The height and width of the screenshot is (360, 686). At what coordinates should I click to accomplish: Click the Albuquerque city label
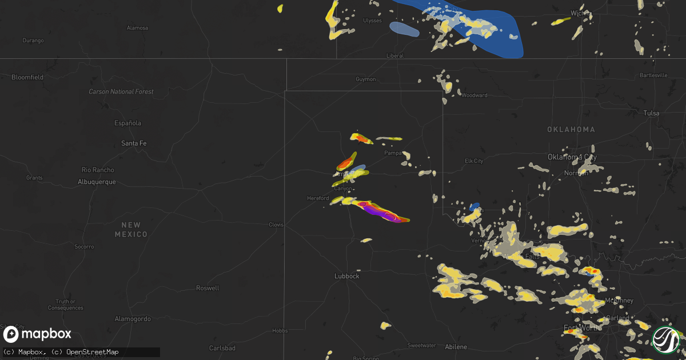97,182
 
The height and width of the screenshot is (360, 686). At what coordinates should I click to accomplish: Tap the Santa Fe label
134,143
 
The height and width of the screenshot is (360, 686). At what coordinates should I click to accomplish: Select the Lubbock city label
346,276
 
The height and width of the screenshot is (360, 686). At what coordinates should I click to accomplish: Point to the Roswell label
207,288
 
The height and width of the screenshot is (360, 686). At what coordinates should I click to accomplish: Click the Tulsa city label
651,113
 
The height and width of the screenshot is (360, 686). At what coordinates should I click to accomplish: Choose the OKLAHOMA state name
571,130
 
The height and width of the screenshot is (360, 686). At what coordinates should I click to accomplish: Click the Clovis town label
276,225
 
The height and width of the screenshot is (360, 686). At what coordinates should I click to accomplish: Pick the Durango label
33,40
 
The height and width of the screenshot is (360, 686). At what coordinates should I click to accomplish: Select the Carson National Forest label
121,91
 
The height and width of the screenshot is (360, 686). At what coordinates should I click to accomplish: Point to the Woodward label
474,95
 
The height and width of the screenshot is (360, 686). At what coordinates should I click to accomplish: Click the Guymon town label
366,79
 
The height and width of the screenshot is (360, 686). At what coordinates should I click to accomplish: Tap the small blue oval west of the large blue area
404,29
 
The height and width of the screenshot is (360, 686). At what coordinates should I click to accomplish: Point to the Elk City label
474,161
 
